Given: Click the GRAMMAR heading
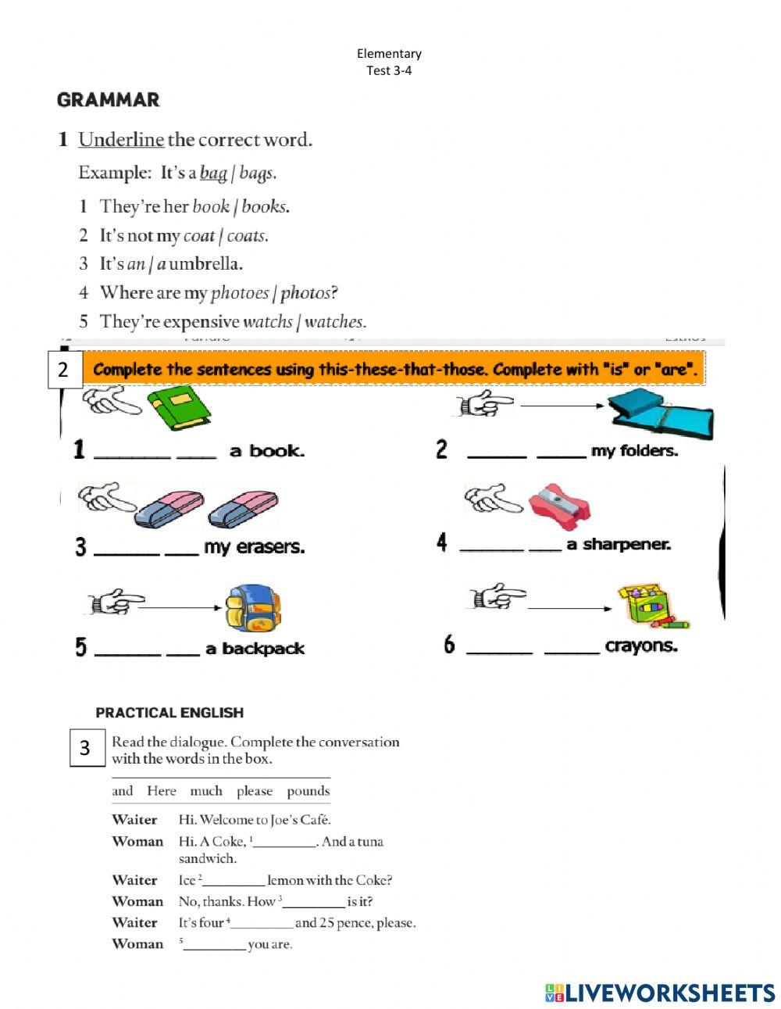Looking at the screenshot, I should [108, 100].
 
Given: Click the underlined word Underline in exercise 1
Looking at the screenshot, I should [121, 140].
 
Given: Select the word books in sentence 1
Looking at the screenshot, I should [265, 207].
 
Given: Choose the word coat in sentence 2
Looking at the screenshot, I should [198, 236].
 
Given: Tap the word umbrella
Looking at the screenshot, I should [205, 264].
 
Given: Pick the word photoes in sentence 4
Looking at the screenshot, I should [239, 293].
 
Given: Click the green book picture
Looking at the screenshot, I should [180, 409].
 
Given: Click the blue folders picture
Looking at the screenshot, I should [660, 414].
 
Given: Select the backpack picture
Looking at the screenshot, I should [253, 609].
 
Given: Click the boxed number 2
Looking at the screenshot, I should [63, 369].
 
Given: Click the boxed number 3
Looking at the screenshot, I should [86, 748].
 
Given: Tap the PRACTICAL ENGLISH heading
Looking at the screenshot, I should [169, 713].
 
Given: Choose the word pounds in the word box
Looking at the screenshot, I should [308, 791].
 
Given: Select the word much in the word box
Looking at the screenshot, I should [206, 791].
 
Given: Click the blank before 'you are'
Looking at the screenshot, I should [215, 945].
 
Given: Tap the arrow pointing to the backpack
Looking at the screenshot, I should [184, 607].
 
